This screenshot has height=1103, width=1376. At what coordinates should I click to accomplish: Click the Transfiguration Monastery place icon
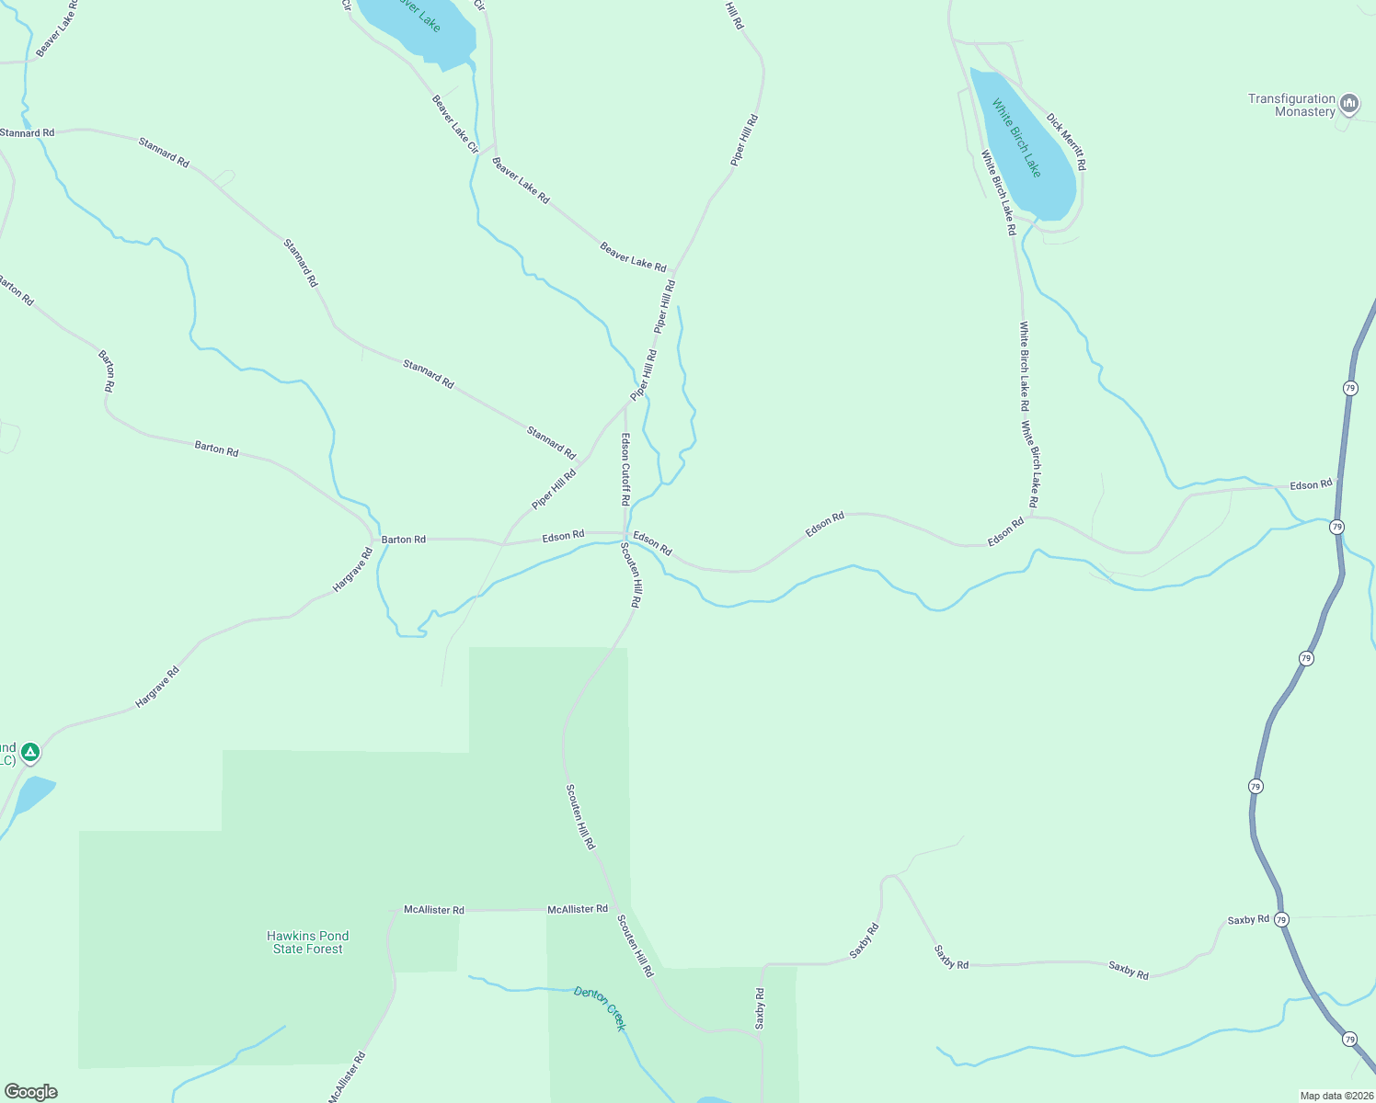coord(1349,104)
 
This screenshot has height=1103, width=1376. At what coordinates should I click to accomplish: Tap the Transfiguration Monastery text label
coord(1291,105)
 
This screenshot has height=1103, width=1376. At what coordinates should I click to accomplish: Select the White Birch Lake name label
coord(1016,138)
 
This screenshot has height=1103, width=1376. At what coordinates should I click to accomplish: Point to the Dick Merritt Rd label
coord(1066,142)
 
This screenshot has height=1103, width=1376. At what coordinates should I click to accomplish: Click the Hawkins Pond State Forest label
coord(307,942)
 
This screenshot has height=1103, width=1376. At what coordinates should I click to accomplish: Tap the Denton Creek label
coord(600,1007)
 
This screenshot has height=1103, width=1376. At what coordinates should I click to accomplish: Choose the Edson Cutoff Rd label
coord(625,469)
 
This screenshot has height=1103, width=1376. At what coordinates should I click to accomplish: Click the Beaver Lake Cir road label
coord(455,124)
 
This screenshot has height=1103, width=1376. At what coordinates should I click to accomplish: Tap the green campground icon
coord(30,754)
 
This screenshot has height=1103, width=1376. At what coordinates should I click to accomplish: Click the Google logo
coord(31,1092)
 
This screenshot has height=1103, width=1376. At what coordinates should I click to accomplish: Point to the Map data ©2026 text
coord(1336,1096)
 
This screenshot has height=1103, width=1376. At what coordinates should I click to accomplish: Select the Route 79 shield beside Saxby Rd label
coord(1282,919)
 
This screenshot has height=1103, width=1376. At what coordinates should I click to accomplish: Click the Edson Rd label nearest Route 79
coord(1311,484)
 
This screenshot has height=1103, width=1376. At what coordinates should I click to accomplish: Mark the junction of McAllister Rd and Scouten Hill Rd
coord(614,910)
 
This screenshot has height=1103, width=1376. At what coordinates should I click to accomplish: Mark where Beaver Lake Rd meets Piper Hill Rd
coord(674,272)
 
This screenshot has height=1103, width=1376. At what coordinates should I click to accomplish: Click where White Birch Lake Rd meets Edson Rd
coord(1030,516)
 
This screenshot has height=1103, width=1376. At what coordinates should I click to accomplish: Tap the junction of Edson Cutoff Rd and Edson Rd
coord(625,533)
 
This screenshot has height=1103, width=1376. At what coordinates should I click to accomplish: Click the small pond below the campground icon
coord(33,793)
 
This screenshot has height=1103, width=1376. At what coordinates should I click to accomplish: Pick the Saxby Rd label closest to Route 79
coord(1247,919)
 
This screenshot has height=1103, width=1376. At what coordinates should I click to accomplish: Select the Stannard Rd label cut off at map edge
coord(28,133)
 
